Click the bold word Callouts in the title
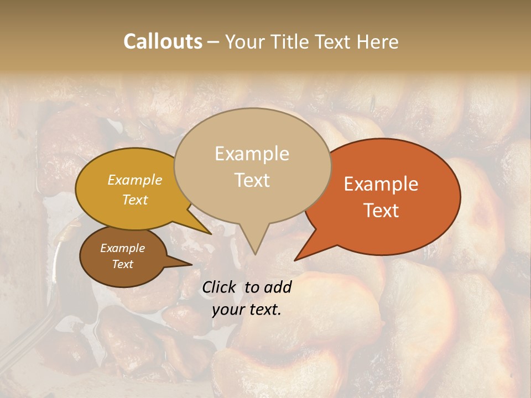click(x=163, y=41)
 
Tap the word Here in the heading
click(x=378, y=41)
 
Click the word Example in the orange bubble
click(x=381, y=184)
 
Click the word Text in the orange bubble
click(x=381, y=210)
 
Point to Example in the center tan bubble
click(x=252, y=154)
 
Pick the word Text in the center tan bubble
click(x=252, y=180)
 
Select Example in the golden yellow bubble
click(x=135, y=180)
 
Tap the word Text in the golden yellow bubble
click(x=135, y=200)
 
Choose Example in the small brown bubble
click(x=122, y=248)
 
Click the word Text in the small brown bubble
click(x=122, y=264)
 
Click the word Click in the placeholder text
click(x=220, y=287)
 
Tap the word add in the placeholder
click(x=278, y=287)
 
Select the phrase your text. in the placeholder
click(x=247, y=310)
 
